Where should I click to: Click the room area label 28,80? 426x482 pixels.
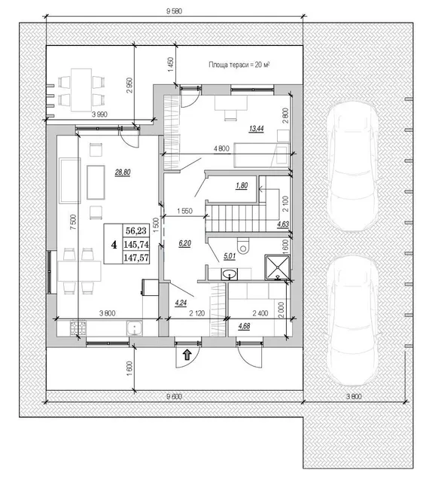[123, 172]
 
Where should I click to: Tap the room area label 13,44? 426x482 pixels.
[257, 129]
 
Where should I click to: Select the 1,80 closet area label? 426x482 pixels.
[242, 186]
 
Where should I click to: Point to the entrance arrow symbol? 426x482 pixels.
[187, 355]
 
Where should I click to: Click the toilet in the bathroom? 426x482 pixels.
[244, 246]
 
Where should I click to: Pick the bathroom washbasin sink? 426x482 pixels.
[229, 274]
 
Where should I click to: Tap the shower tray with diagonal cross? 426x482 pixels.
[277, 267]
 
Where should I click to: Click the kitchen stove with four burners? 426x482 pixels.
[78, 328]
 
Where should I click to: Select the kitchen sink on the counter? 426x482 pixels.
[134, 328]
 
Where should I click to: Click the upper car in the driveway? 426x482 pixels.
[352, 166]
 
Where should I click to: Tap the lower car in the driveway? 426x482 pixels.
[352, 320]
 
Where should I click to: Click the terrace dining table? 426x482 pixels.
[81, 90]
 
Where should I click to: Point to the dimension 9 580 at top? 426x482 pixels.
[174, 11]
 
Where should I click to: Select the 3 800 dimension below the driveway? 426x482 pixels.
[354, 396]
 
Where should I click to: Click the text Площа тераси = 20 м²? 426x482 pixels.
[239, 65]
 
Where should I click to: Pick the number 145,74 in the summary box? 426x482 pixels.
[136, 244]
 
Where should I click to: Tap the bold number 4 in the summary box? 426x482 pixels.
[114, 245]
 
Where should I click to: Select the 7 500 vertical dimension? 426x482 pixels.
[73, 222]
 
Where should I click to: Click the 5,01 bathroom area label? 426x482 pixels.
[230, 256]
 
